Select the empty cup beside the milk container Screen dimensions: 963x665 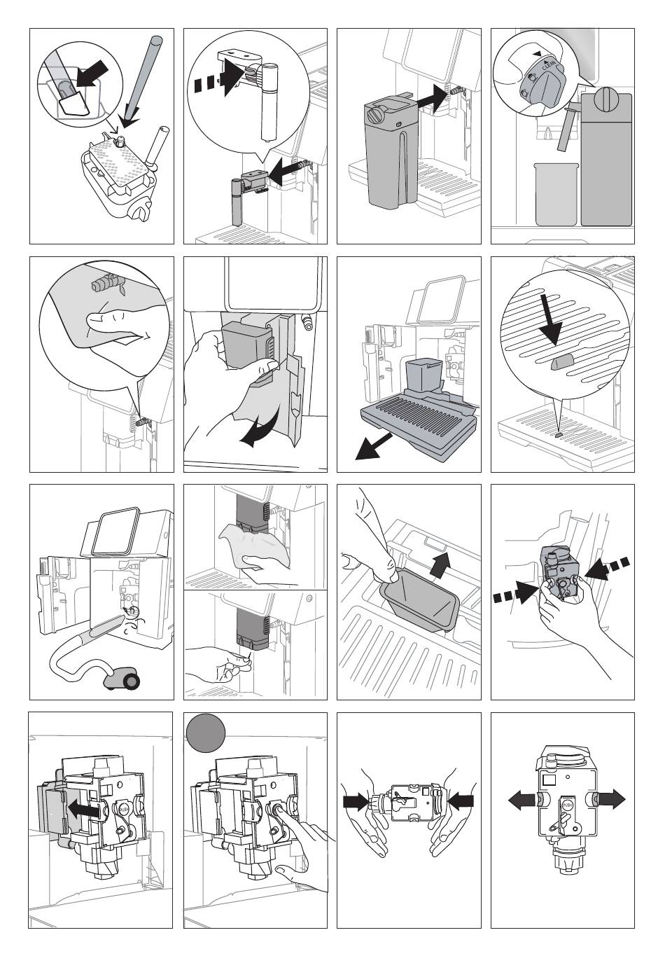point(554,193)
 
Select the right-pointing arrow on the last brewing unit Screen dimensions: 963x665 point(609,799)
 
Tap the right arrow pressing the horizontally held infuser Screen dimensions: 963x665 point(460,800)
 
